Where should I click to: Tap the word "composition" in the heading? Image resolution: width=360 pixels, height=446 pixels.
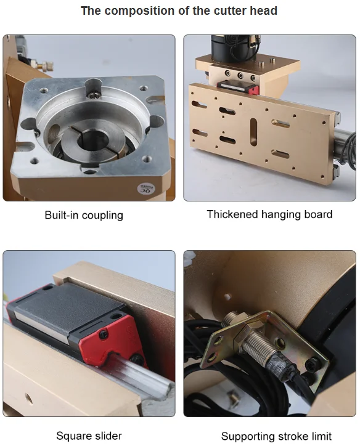click(x=135, y=11)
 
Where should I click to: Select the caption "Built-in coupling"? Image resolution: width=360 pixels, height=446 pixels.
click(x=84, y=216)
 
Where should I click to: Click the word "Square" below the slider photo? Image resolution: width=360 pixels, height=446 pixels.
click(x=74, y=436)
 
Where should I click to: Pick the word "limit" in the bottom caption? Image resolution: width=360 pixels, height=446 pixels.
click(x=321, y=436)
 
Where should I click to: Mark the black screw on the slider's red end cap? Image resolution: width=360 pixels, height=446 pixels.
click(x=104, y=334)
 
